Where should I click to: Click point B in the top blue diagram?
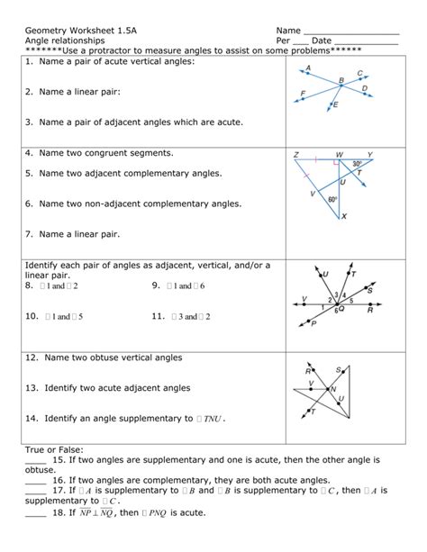pos(341,87)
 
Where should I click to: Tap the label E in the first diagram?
pos(336,106)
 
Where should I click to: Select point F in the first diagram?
pos(303,94)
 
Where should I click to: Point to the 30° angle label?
pos(357,164)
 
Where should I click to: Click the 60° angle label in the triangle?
pos(332,199)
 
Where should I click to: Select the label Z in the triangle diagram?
pos(295,155)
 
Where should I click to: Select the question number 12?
pos(32,357)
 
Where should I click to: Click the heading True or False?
pos(55,448)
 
